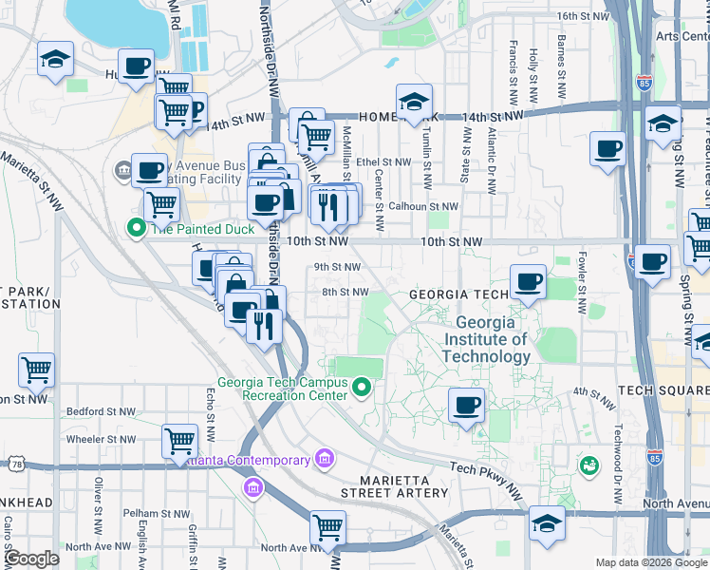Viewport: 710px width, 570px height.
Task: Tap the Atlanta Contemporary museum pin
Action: (325, 460)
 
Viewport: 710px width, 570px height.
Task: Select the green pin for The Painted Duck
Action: (136, 228)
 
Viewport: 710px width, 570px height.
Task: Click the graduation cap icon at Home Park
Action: (414, 103)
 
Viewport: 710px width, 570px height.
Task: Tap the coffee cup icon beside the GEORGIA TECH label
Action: (529, 281)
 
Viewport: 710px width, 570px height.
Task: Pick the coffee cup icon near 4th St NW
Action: (466, 405)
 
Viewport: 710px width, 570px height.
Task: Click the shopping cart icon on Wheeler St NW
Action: (179, 441)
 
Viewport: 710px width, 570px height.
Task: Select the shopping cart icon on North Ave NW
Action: (327, 527)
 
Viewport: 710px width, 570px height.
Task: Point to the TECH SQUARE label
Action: (663, 391)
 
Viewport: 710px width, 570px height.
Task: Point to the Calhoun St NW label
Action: (422, 206)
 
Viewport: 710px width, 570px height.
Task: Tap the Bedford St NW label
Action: (100, 412)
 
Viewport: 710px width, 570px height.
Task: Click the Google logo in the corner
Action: (31, 559)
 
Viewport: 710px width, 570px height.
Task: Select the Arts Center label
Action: (682, 36)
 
